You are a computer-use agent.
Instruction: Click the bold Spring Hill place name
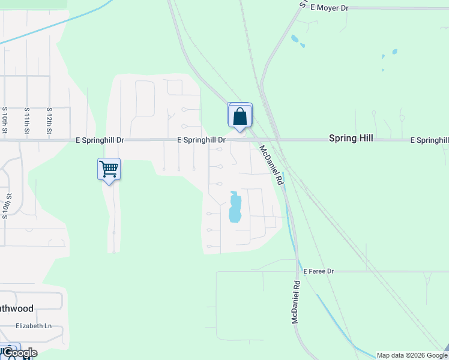tap(351, 139)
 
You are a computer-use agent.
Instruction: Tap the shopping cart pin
tap(109, 170)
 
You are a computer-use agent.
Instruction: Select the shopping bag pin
tap(240, 115)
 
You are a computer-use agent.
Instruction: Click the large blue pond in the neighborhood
tap(235, 207)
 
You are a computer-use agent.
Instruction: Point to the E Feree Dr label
tap(318, 272)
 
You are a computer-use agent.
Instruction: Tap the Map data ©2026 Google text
tap(412, 355)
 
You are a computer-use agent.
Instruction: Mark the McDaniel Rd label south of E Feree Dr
tap(295, 303)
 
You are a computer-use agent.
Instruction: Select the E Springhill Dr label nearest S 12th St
tap(100, 140)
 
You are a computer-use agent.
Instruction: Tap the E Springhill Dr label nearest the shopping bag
tap(201, 140)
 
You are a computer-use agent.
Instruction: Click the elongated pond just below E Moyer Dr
tap(295, 40)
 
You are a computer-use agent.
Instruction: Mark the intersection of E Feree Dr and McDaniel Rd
tap(297, 271)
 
